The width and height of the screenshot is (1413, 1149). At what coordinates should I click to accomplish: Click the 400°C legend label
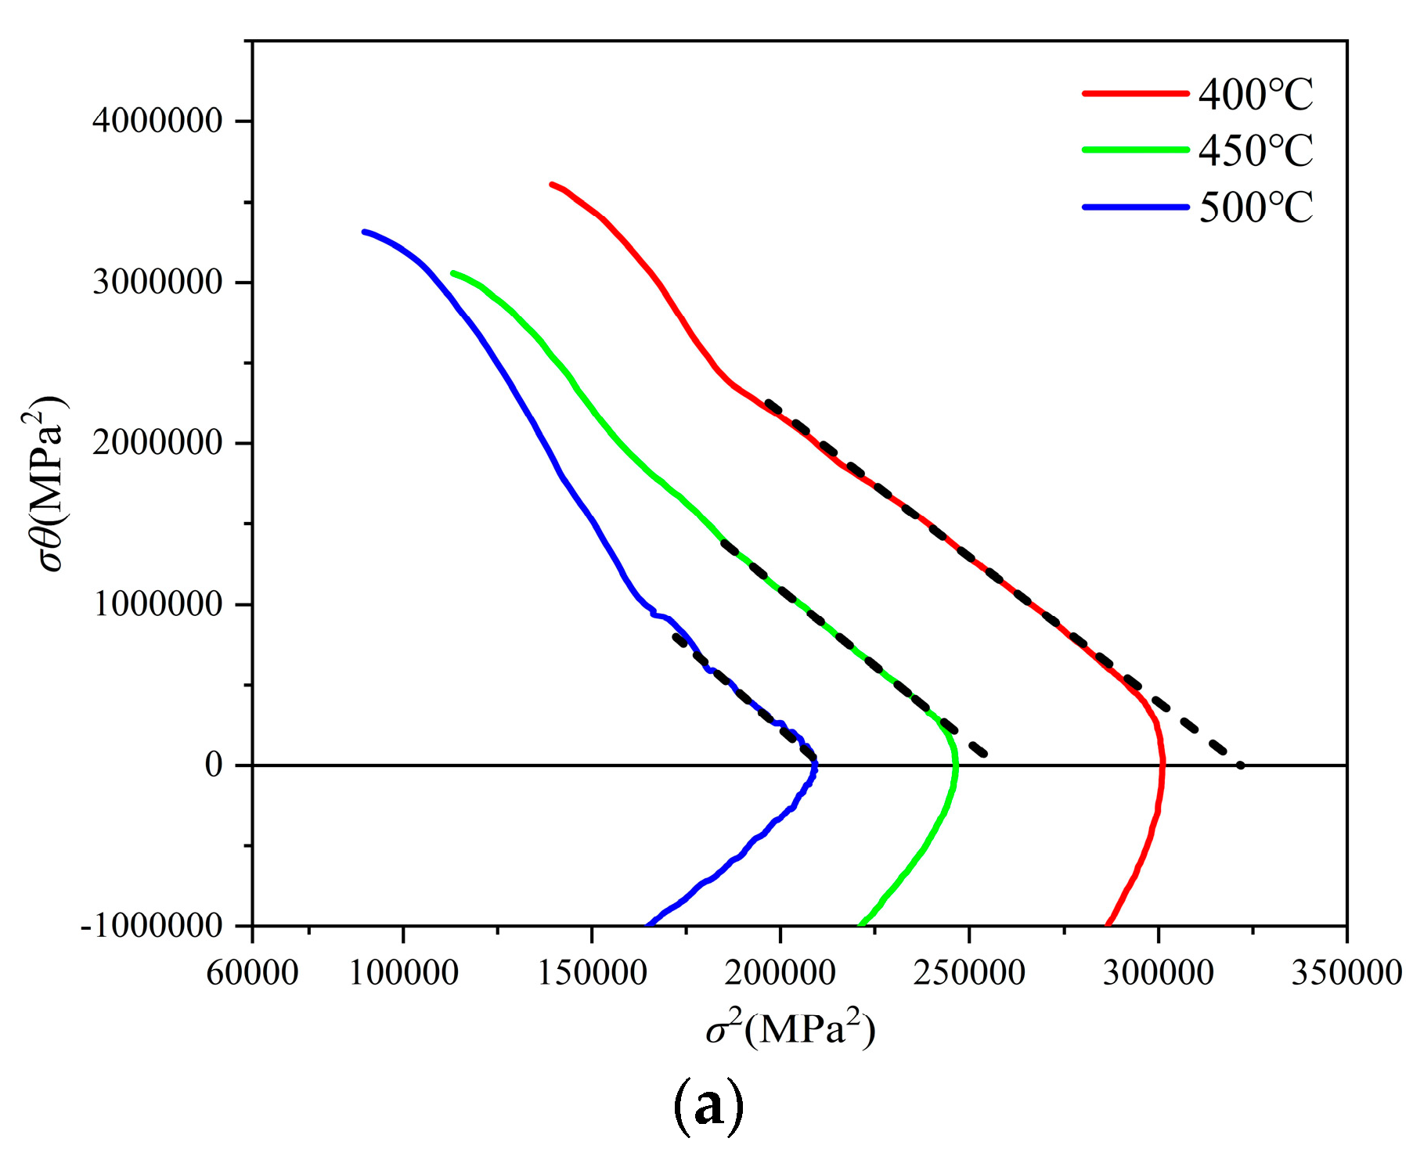[x=1255, y=95]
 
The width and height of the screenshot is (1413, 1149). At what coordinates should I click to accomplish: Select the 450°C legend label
[x=1255, y=151]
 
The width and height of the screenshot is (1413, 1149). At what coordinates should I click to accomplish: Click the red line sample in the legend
[x=1136, y=93]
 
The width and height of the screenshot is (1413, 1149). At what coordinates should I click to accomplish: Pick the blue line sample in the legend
[x=1136, y=207]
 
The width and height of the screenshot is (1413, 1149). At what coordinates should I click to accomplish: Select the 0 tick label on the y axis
[x=214, y=765]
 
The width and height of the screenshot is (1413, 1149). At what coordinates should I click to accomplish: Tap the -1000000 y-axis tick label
[x=152, y=926]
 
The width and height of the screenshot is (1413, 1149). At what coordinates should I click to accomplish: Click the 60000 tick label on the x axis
[x=252, y=973]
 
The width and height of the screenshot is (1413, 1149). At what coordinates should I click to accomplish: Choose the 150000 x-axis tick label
[x=592, y=973]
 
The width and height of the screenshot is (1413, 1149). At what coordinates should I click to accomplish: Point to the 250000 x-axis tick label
[x=969, y=973]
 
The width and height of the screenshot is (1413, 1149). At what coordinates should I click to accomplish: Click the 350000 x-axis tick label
[x=1346, y=973]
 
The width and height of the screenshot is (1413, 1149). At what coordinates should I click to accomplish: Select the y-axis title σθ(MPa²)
[x=49, y=485]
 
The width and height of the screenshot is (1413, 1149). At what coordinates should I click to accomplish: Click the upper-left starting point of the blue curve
[x=365, y=232]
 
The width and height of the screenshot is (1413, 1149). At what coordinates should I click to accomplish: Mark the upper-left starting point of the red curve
[x=553, y=185]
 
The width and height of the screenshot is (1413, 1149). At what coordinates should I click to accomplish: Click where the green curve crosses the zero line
[x=956, y=765]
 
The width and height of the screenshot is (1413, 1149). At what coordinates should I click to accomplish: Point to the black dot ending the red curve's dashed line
[x=1240, y=765]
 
